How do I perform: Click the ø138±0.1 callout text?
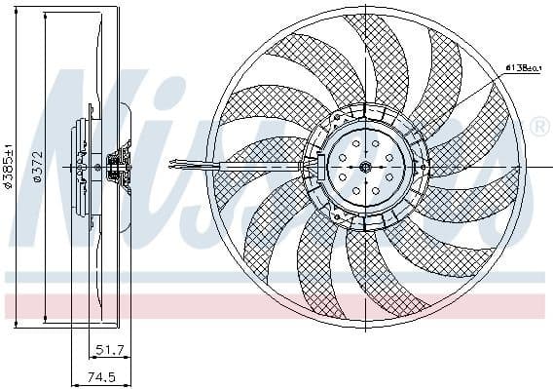coord(523,68)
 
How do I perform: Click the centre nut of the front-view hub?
coord(364,167)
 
